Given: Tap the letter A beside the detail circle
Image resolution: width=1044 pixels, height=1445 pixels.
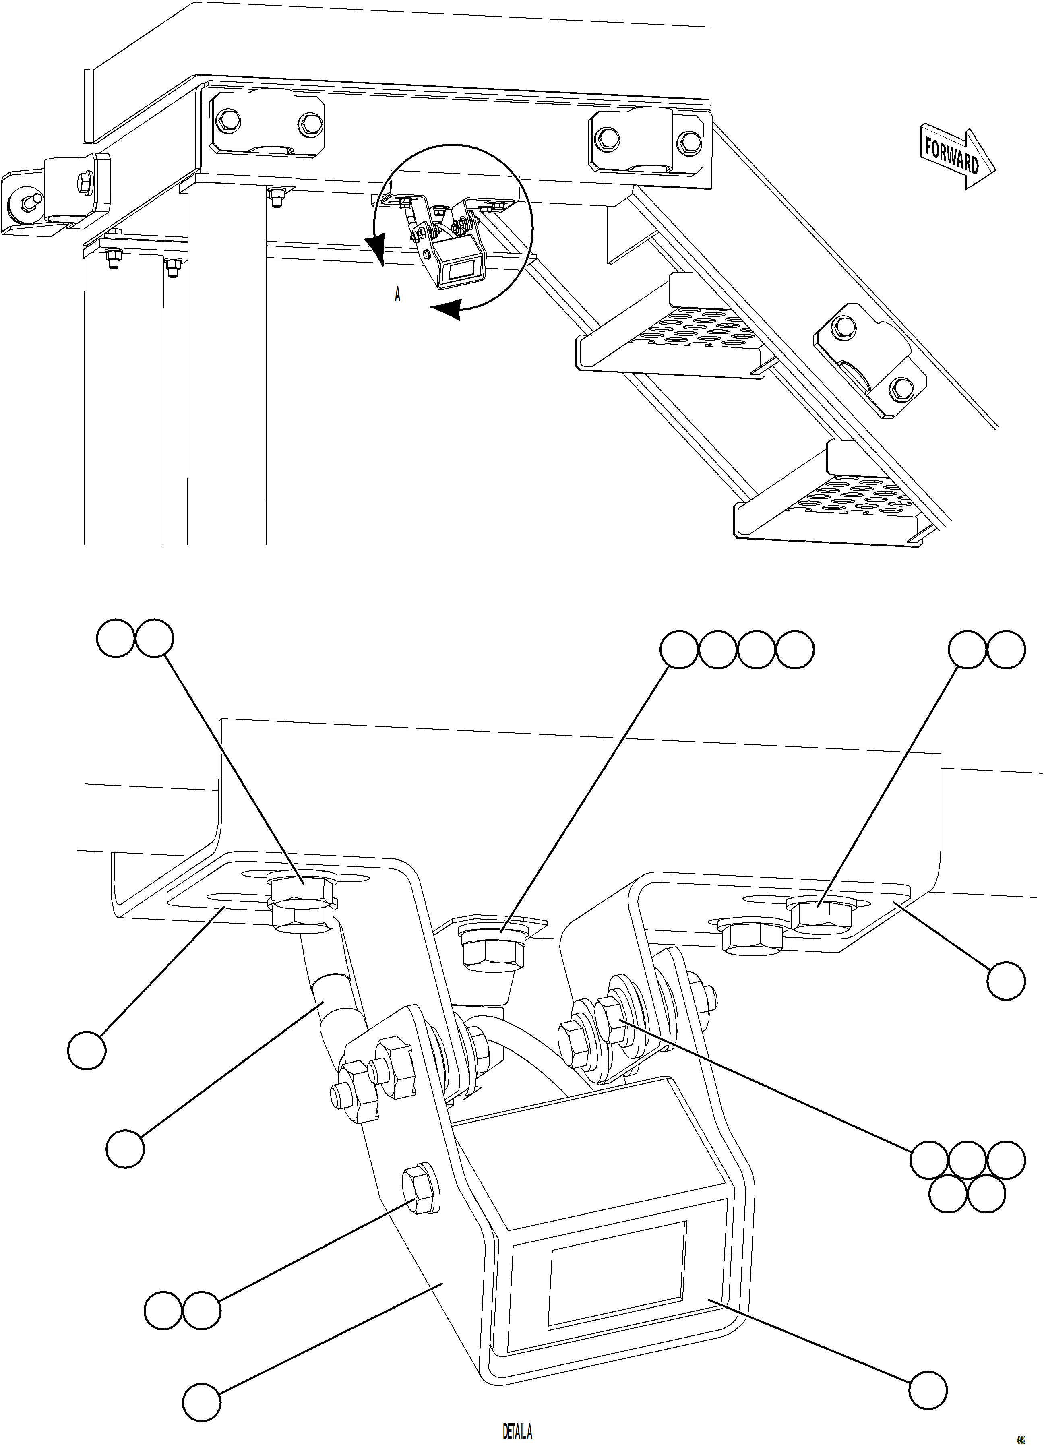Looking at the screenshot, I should [397, 295].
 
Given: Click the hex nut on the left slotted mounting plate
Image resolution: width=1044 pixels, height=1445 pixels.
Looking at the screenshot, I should [301, 887].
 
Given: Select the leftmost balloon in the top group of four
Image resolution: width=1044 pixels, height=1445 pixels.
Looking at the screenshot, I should [679, 650].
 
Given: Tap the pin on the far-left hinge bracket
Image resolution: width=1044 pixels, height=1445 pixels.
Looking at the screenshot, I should [27, 202].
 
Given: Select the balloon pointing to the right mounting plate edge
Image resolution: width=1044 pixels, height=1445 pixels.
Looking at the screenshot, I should [1006, 981].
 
